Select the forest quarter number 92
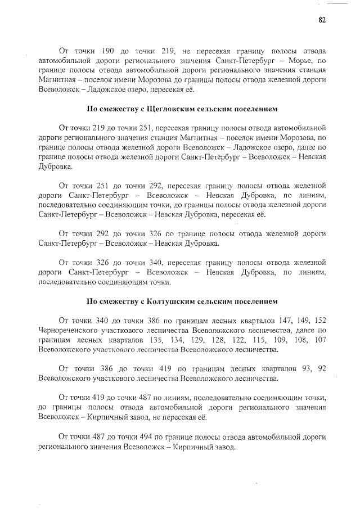pyautogui.click(x=322, y=368)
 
